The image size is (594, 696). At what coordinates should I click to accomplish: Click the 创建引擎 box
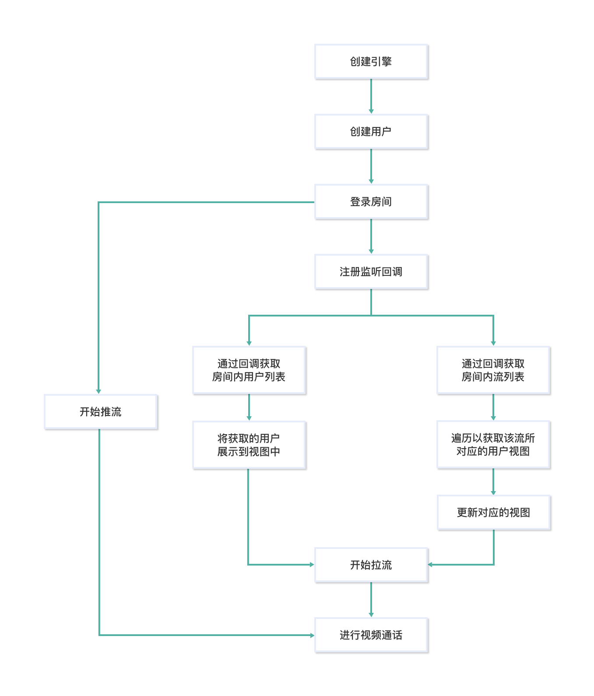[x=371, y=62]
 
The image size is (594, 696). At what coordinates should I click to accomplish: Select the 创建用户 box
[x=371, y=132]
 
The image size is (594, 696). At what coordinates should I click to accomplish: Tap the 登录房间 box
[x=371, y=202]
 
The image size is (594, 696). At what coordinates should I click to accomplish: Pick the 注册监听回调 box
[x=371, y=272]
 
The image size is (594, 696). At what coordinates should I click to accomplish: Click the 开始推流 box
[x=101, y=412]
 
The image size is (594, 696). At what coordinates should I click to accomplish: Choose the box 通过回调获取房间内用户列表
[x=249, y=370]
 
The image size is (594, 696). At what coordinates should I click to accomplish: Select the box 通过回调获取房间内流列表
[x=493, y=370]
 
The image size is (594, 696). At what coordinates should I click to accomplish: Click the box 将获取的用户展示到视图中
[x=249, y=445]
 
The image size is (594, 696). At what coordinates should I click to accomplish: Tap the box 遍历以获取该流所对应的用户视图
[x=493, y=445]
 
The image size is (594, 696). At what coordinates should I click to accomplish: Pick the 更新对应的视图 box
[x=493, y=513]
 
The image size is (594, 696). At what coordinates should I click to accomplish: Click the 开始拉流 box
[x=371, y=565]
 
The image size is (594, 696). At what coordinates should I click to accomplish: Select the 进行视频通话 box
[x=371, y=635]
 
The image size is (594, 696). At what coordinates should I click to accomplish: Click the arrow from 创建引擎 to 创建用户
[x=371, y=96]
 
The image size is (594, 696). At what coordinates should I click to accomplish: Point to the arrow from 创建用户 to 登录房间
[x=371, y=166]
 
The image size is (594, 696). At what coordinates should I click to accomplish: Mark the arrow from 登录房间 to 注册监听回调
[x=371, y=236]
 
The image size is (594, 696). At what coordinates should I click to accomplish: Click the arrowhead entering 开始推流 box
[x=98, y=391]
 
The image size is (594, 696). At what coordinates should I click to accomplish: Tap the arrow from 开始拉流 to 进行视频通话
[x=371, y=600]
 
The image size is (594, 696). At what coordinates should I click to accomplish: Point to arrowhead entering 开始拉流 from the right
[x=430, y=565]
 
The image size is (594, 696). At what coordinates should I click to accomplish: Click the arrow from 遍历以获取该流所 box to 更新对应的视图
[x=493, y=482]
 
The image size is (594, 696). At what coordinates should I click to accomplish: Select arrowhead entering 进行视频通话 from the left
[x=312, y=635]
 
